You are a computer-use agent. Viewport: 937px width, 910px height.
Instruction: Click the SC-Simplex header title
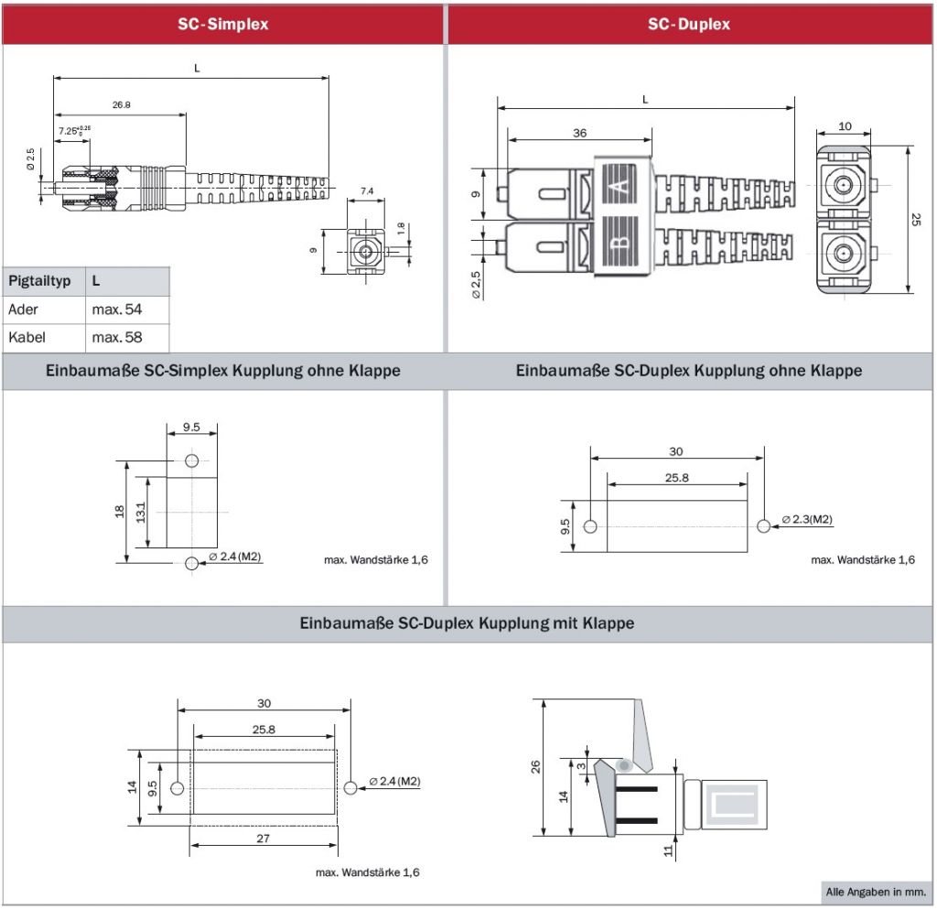pos(223,25)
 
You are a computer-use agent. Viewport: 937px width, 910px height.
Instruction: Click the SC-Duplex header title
pos(689,25)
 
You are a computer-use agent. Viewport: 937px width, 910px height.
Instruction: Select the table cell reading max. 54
pos(117,309)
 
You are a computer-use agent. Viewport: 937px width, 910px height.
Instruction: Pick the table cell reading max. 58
pos(117,338)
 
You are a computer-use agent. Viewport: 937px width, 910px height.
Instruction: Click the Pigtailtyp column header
pos(39,281)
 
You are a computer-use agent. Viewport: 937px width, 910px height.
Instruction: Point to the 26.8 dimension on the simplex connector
pos(121,105)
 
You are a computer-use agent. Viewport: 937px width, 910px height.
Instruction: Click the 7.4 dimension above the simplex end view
pos(367,191)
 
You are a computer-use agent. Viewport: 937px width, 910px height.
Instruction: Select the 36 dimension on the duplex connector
pos(579,133)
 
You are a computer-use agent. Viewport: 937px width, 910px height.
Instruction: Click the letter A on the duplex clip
pos(622,190)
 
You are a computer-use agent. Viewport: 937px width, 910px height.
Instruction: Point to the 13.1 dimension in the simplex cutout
pos(141,512)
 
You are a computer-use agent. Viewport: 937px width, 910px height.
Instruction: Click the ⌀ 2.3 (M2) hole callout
pos(807,520)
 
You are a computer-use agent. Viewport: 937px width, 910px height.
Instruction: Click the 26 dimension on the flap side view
pos(536,766)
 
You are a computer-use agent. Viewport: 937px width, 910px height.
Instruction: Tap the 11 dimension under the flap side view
pos(668,850)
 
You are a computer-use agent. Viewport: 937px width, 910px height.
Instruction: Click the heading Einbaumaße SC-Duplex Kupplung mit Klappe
pos(467,623)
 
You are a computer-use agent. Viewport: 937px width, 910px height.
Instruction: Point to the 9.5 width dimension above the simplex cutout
pos(191,427)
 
